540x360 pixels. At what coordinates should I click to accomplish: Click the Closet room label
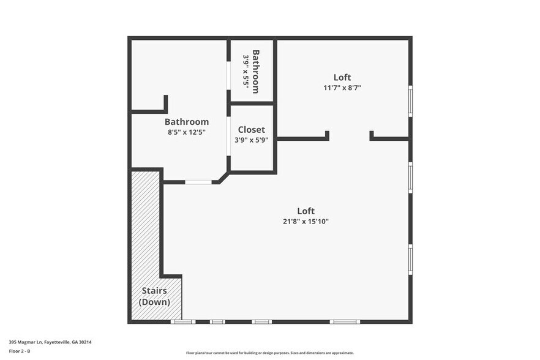coord(251,129)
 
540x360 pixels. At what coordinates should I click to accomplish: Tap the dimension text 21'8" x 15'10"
coord(306,222)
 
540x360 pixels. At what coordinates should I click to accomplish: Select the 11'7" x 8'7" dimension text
coord(342,88)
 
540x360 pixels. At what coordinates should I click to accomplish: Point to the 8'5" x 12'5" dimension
coord(186,132)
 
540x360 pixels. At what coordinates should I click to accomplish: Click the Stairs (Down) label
coord(154,296)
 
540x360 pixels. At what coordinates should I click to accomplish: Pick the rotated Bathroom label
coord(255,71)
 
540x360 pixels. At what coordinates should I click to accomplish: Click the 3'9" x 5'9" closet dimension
coord(251,140)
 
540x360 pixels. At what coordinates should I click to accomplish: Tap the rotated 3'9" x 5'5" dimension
coord(246,72)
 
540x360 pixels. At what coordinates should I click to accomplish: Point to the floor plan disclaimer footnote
coord(270,353)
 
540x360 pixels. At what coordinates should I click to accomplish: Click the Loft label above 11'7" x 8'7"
coord(342,77)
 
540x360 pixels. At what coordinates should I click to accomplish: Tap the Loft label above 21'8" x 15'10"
coord(306,211)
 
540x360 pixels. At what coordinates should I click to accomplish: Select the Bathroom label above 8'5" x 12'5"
coord(186,122)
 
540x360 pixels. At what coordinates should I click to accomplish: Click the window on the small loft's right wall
coord(410,100)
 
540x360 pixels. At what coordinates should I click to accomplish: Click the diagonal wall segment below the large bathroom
coord(221,177)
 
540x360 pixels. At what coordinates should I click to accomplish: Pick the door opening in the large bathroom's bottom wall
coord(198,182)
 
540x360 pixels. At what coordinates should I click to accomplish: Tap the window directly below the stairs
coord(182,321)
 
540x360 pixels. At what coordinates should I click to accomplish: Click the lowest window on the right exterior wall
coord(410,259)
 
